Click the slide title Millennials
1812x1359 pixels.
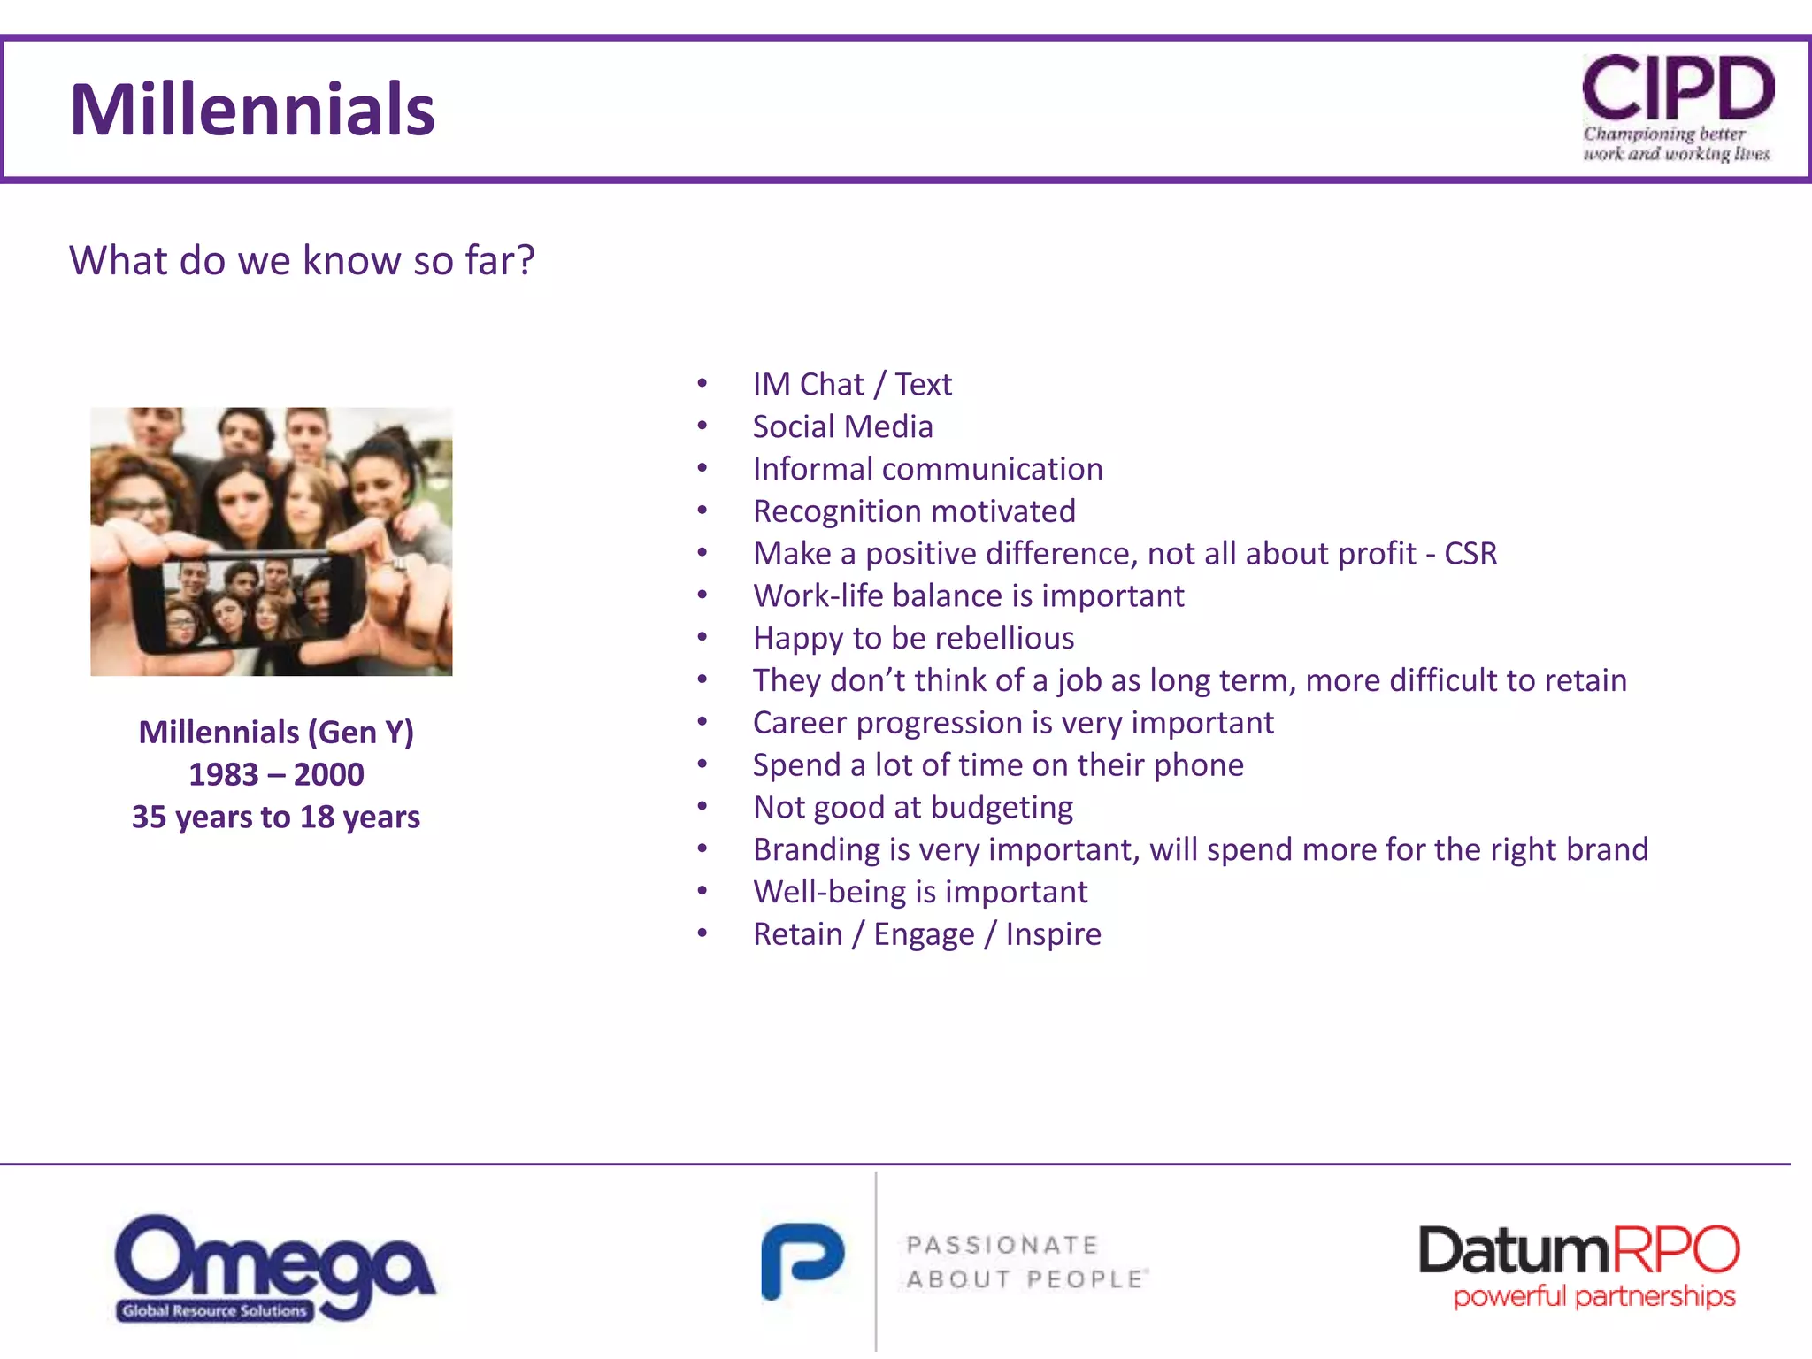point(252,110)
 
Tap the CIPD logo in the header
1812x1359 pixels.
point(1678,106)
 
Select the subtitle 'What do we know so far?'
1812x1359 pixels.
point(302,260)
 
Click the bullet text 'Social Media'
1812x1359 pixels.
point(842,426)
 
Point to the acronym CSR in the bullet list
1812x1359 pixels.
point(1470,554)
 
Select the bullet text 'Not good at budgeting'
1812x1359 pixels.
point(912,807)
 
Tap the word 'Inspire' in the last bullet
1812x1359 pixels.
point(1053,934)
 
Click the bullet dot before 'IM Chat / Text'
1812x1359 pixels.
point(702,384)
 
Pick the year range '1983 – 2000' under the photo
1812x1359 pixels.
point(276,774)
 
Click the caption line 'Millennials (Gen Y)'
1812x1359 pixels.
point(276,732)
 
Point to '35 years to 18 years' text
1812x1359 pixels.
point(276,817)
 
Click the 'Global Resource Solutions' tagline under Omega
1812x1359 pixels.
point(215,1310)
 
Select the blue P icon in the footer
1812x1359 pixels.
point(802,1261)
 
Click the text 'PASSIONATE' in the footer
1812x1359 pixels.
point(1002,1245)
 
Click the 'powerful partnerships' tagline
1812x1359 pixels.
point(1593,1297)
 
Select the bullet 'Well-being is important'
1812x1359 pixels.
point(920,892)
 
